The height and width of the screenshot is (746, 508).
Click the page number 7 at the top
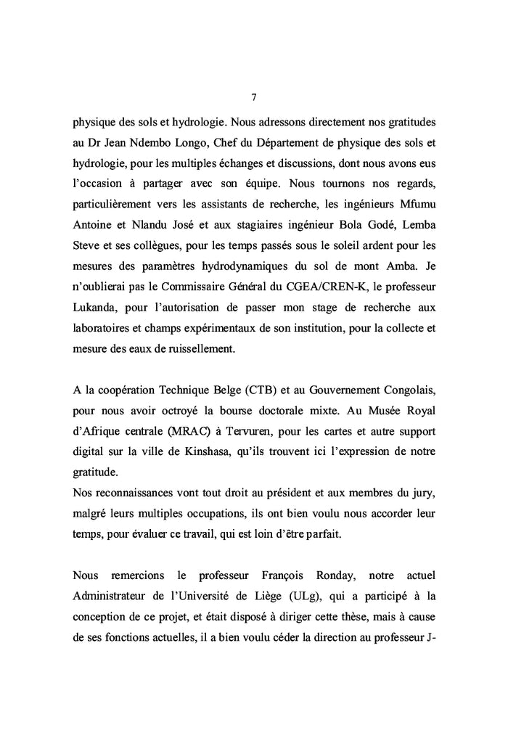point(253,97)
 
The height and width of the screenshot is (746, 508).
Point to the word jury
point(422,517)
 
